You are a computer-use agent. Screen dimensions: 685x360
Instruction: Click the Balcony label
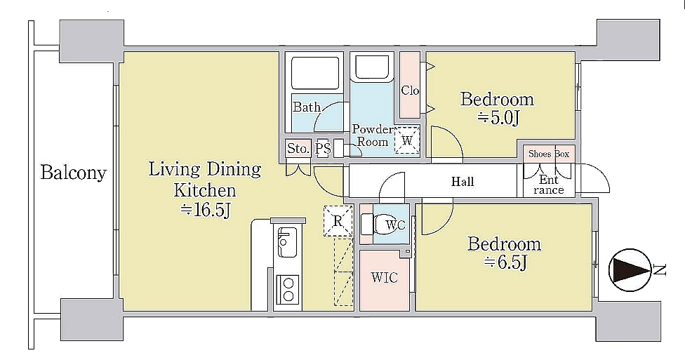pos(74,173)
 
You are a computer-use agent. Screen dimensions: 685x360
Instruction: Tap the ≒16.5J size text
pos(206,210)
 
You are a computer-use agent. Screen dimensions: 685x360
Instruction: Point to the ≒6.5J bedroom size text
pos(505,262)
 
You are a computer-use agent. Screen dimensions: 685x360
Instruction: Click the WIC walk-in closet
pos(384,280)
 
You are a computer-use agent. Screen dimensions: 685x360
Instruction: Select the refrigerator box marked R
pos(338,221)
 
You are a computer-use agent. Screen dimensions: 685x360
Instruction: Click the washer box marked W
pos(407,140)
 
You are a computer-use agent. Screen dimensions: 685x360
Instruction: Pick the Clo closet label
pos(410,91)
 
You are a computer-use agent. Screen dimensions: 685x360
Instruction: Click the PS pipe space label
pos(323,149)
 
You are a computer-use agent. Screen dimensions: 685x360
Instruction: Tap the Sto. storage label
pos(298,149)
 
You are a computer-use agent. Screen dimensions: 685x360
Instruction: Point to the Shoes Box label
pos(549,154)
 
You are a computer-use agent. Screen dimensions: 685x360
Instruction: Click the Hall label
pos(463,181)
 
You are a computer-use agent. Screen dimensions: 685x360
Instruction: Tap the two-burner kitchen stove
pos(288,290)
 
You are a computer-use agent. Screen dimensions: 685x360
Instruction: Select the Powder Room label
pos(373,135)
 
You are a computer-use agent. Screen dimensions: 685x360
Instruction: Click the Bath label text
pos(307,107)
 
